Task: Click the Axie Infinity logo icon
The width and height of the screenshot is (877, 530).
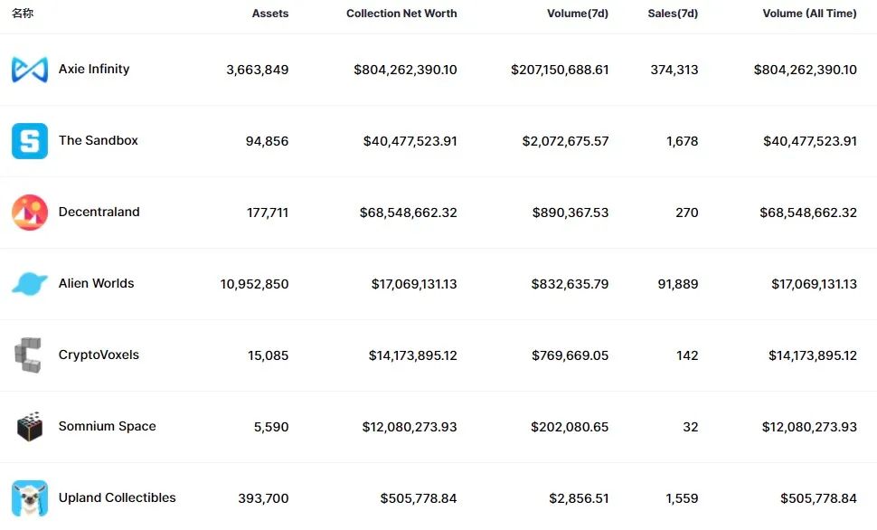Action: pos(30,70)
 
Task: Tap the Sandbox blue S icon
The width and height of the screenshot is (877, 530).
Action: pos(30,141)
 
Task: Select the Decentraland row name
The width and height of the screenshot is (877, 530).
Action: pos(99,213)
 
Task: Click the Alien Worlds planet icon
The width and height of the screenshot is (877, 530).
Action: pos(30,284)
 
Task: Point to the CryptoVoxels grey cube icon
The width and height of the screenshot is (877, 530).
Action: pos(28,355)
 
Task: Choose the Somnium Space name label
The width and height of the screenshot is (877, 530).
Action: pos(107,427)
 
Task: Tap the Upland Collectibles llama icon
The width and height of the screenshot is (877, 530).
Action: pos(30,498)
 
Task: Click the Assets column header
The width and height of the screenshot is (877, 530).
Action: pos(270,14)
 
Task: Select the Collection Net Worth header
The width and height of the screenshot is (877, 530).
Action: pos(401,14)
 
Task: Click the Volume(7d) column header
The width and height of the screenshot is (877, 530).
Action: pos(578,14)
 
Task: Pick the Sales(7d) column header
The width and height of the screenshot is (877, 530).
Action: pos(673,14)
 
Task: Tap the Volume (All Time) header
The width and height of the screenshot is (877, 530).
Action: pos(809,14)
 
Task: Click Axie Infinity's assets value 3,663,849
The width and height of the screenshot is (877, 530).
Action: pos(258,70)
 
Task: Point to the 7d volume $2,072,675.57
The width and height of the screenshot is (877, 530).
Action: pos(565,141)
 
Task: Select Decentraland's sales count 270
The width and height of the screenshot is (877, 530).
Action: pos(686,213)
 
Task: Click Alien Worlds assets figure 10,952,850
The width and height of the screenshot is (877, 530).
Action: pos(254,284)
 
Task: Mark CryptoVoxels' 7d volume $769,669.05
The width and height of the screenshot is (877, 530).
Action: pos(570,355)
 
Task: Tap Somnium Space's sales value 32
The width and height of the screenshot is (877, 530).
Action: pos(691,427)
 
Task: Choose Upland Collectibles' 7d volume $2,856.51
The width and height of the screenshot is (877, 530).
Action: pos(579,498)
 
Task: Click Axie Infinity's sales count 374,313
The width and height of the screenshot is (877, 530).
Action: pos(674,70)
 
